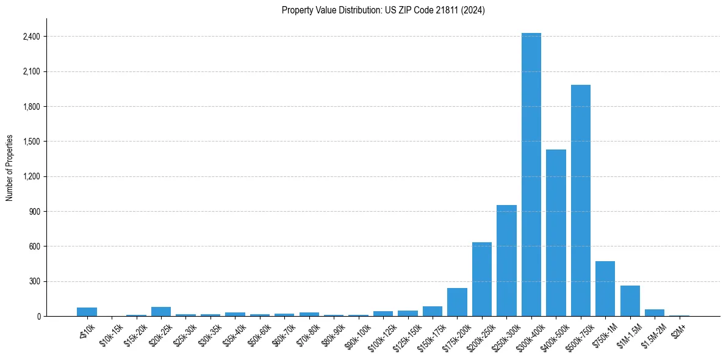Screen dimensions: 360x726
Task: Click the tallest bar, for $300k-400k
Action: (531, 175)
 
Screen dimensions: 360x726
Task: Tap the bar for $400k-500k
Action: (556, 232)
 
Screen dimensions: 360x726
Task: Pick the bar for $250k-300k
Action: (506, 261)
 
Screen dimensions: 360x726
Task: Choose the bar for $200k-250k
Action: (482, 279)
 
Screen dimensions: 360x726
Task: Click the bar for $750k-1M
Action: (605, 289)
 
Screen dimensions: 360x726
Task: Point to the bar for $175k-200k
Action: (457, 302)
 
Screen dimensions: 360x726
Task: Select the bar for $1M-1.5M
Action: (630, 301)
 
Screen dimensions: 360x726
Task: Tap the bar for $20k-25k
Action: (161, 311)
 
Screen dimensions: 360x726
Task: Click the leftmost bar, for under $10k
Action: (87, 312)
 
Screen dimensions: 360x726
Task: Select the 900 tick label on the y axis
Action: (34, 212)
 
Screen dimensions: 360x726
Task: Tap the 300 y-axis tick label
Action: (34, 282)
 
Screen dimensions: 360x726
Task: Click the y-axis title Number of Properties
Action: (9, 168)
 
